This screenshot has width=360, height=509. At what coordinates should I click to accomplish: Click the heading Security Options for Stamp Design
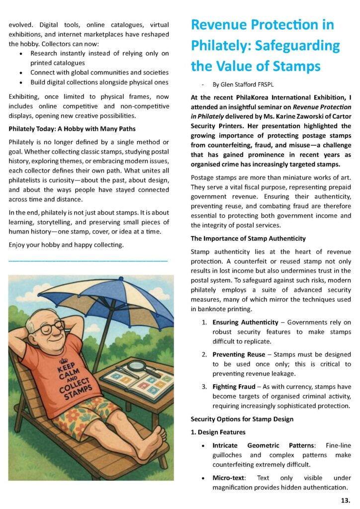tap(242, 419)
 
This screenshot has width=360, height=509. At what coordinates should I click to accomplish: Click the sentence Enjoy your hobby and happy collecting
tap(67, 245)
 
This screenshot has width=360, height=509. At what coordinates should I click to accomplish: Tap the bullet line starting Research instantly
tap(99, 53)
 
